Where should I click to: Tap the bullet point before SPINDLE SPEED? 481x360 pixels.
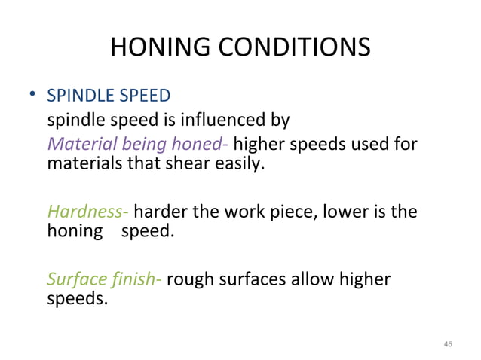[32, 96]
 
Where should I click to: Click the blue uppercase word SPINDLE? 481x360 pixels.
[76, 96]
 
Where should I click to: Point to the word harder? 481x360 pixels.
[161, 212]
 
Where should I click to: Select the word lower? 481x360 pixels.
[346, 212]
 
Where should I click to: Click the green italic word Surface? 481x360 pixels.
[75, 279]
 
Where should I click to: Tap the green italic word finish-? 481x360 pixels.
[134, 279]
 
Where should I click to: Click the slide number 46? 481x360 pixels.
[449, 343]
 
